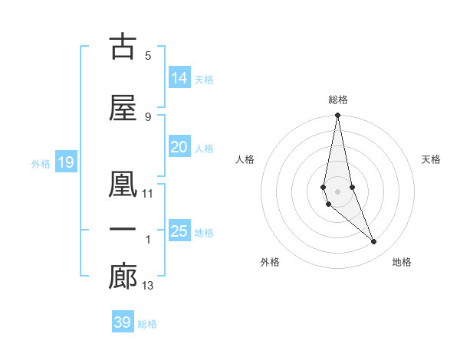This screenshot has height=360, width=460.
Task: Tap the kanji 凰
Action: pyautogui.click(x=123, y=184)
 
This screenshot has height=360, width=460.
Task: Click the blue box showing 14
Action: pyautogui.click(x=179, y=78)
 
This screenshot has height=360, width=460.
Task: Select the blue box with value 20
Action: pyautogui.click(x=179, y=148)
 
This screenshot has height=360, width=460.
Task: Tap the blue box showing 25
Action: pyautogui.click(x=179, y=231)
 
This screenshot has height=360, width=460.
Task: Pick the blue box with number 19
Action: pyautogui.click(x=65, y=162)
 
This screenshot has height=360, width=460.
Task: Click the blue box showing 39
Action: pyautogui.click(x=123, y=322)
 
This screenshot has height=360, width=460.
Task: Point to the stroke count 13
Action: pyautogui.click(x=148, y=286)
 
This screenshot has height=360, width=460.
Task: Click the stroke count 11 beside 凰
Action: pyautogui.click(x=148, y=194)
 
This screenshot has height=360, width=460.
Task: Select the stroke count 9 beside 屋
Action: pyautogui.click(x=148, y=116)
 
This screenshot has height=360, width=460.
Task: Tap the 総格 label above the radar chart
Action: pyautogui.click(x=338, y=100)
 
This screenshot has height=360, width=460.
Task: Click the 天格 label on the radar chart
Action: pyautogui.click(x=432, y=159)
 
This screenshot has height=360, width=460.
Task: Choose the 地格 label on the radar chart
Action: pyautogui.click(x=402, y=263)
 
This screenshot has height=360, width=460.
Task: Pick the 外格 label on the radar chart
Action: pyautogui.click(x=270, y=263)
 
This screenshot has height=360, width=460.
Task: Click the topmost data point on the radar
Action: pyautogui.click(x=337, y=116)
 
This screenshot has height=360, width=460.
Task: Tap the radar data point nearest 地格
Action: pyautogui.click(x=374, y=241)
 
